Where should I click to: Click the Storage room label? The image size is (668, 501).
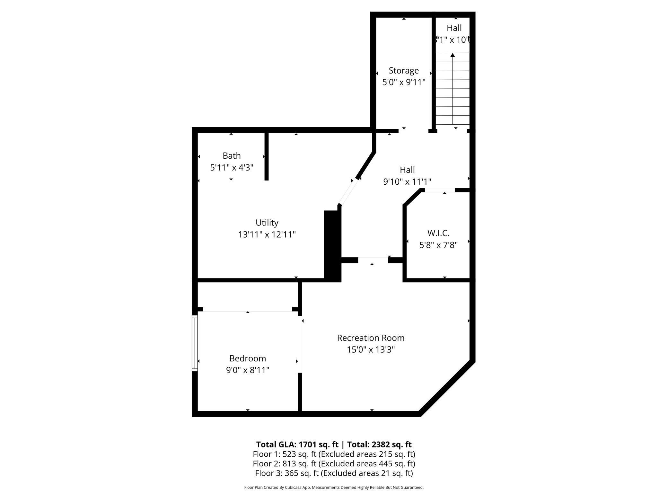(404, 70)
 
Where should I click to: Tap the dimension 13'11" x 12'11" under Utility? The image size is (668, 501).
(267, 234)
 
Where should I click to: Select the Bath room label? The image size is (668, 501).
(232, 155)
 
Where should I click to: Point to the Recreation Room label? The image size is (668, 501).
(371, 338)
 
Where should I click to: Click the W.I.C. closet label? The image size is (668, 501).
(438, 233)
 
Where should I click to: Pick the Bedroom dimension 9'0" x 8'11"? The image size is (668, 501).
(248, 370)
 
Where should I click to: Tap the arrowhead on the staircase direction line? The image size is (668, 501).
(453, 55)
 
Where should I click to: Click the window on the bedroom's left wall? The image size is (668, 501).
(195, 343)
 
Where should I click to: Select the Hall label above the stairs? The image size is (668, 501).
(454, 28)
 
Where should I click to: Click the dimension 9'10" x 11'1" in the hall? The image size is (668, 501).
(407, 182)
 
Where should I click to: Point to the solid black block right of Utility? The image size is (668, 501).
(332, 246)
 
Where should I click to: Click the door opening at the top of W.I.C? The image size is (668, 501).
(439, 190)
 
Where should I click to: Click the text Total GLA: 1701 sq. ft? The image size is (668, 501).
(297, 444)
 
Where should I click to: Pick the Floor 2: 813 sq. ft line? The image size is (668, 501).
(334, 463)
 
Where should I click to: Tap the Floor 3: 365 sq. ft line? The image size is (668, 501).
(334, 473)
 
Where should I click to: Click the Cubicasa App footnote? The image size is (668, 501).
(334, 488)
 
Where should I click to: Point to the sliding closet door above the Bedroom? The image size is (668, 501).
(247, 309)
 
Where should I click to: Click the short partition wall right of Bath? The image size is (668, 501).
(266, 156)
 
